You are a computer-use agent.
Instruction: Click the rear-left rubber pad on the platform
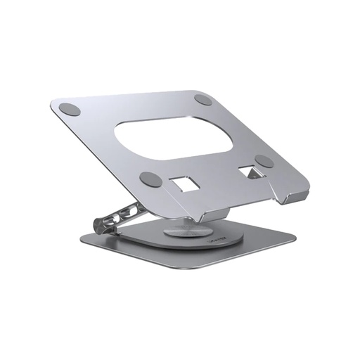[x=68, y=110]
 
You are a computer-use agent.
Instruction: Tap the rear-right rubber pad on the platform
[x=203, y=100]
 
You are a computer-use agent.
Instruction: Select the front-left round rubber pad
[x=148, y=178]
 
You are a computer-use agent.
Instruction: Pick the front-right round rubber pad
[x=264, y=161]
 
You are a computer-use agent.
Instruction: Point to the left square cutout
[x=184, y=183]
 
